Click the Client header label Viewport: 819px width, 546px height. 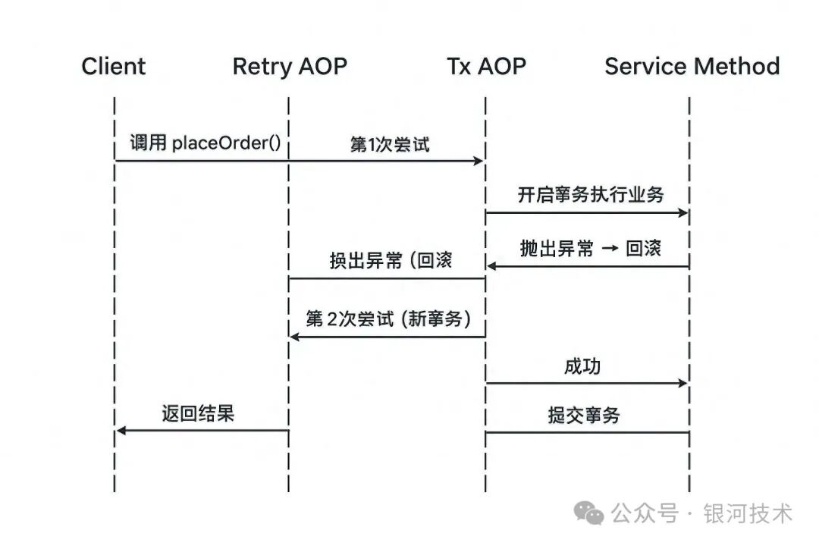(114, 67)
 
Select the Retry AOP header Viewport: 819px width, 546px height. (289, 67)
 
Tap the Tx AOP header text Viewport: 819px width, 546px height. (486, 67)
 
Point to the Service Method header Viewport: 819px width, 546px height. (692, 67)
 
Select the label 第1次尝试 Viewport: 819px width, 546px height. (389, 144)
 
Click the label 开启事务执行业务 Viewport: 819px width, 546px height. (590, 195)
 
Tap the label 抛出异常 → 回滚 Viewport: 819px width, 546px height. (590, 249)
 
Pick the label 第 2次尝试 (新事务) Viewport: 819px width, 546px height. (388, 318)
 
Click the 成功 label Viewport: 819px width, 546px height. (582, 366)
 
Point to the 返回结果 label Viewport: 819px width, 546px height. (197, 413)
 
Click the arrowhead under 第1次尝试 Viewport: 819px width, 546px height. (479, 161)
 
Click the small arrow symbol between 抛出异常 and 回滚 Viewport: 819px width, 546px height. (609, 249)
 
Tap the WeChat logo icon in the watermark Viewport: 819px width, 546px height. (589, 513)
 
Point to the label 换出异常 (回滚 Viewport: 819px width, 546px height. (391, 262)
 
